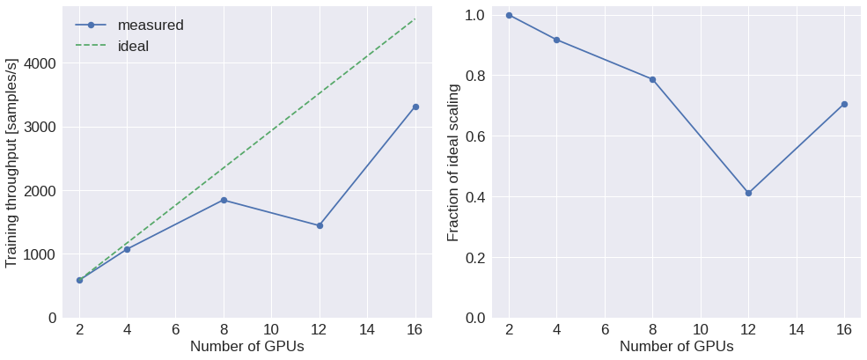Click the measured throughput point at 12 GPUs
click(x=320, y=225)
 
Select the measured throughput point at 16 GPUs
click(x=415, y=107)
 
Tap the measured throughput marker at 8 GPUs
click(x=224, y=200)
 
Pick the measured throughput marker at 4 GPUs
click(x=127, y=249)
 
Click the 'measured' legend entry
click(x=151, y=25)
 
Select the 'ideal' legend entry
click(x=133, y=46)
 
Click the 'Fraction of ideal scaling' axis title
click(x=453, y=163)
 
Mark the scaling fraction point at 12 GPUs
click(x=748, y=193)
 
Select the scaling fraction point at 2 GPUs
click(x=509, y=15)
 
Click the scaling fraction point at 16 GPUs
click(x=844, y=104)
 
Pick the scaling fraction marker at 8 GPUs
click(x=652, y=79)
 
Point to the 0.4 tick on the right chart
click(x=476, y=196)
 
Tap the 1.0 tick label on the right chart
click(x=476, y=15)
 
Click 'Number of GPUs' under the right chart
click(x=676, y=347)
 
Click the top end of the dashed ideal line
click(x=415, y=18)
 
